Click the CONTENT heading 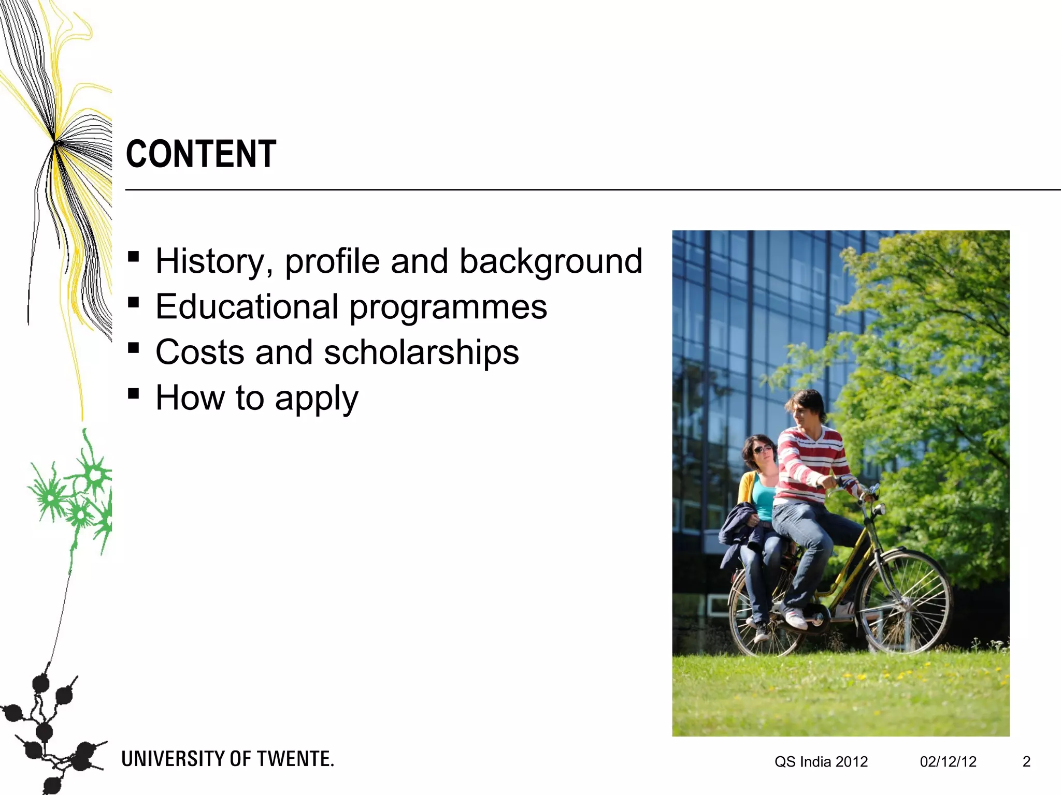201,154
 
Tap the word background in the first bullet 551,261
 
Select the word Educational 247,306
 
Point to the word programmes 448,307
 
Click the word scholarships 421,352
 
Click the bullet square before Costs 134,347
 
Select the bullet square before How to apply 134,393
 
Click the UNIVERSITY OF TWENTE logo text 227,759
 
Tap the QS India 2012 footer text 821,762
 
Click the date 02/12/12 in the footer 948,762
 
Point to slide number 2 1026,761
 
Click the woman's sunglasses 763,448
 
